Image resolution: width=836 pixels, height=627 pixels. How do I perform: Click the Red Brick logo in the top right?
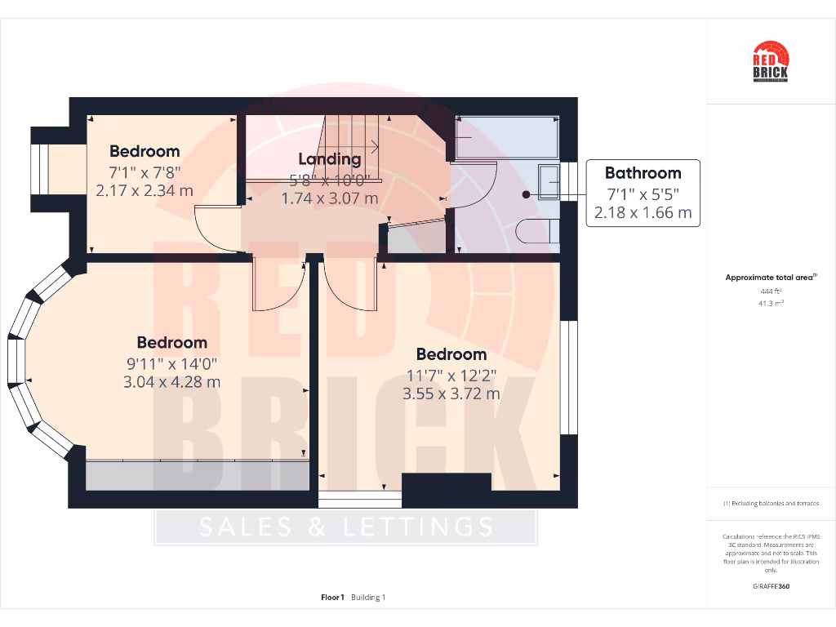[x=770, y=62]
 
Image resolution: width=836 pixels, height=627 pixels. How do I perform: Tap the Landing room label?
[x=329, y=159]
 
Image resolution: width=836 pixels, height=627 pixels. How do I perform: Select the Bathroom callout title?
[x=643, y=173]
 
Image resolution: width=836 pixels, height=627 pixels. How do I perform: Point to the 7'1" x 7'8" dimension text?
[x=145, y=172]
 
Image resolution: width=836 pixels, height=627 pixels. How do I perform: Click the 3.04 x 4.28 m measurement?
[x=171, y=382]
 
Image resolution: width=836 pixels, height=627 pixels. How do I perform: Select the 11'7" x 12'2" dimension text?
[x=451, y=376]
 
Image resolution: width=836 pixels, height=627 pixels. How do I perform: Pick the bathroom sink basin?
[x=549, y=181]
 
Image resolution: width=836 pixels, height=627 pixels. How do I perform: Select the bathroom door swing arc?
[x=478, y=188]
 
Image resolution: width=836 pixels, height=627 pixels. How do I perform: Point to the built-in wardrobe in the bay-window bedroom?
[x=197, y=475]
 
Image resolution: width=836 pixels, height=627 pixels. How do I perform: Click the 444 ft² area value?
[x=771, y=291]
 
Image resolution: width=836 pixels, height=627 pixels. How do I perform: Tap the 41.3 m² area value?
[x=771, y=302]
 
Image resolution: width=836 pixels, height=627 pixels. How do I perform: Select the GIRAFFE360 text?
[x=771, y=586]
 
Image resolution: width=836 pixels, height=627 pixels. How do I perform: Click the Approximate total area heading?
[x=770, y=278]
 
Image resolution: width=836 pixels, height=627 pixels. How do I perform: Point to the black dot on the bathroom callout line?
[x=526, y=194]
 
